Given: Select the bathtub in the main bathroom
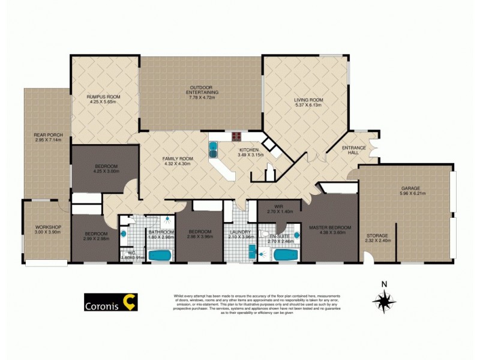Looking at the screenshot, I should (160, 255).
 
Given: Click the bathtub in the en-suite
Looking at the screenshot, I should (285, 255).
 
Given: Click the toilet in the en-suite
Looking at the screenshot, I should (264, 235).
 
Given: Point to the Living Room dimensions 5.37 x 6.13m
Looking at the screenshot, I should (308, 105).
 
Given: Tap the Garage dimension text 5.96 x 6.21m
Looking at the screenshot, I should (412, 194).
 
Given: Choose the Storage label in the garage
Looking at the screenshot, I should (377, 236).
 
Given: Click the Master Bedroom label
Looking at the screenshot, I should (329, 227).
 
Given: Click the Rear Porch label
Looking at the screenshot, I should (46, 135).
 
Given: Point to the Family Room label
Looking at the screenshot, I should (176, 159).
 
